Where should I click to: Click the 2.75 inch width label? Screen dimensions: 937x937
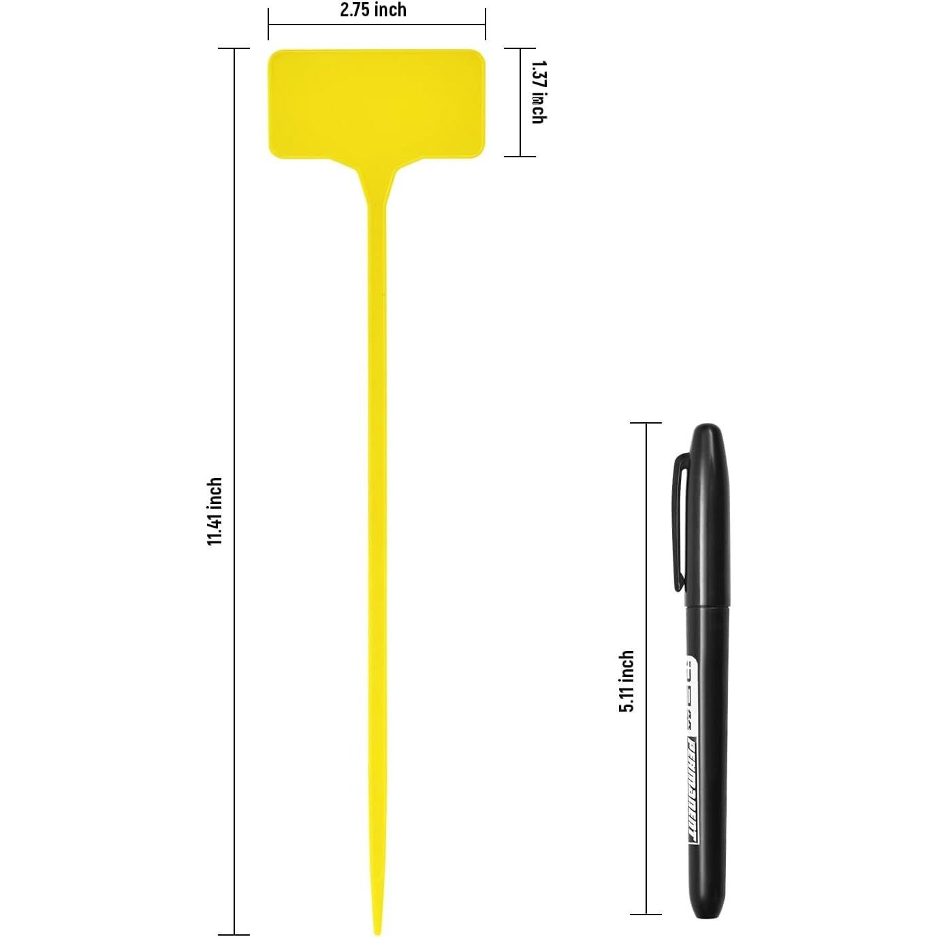[x=373, y=10]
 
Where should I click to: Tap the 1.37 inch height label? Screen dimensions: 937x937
[x=538, y=92]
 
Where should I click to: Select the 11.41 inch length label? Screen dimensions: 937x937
[x=215, y=511]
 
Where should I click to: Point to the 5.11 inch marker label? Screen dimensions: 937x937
[x=626, y=681]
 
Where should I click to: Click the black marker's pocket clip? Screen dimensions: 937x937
[x=680, y=521]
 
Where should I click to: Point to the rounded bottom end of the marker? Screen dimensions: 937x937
[x=705, y=912]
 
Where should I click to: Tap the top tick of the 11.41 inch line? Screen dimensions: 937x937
[x=234, y=49]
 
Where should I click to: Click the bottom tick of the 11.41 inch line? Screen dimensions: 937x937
[x=234, y=934]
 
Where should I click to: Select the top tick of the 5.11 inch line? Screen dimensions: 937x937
[x=645, y=423]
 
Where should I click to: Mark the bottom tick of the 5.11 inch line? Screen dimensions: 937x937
[x=645, y=914]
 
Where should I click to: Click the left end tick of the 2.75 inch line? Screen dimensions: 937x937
[x=268, y=25]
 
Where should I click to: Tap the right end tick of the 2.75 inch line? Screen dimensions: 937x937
[x=485, y=25]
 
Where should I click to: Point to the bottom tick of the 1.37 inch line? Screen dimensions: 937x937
[x=520, y=156]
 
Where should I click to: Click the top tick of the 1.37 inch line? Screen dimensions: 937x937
[x=520, y=49]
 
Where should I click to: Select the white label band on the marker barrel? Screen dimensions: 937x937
[x=693, y=749]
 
